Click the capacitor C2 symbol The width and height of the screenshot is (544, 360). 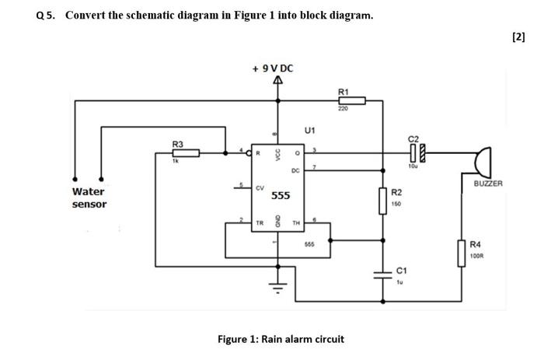tap(416, 153)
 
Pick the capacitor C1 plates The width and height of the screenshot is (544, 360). tap(382, 274)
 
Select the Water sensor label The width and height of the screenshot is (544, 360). tap(89, 197)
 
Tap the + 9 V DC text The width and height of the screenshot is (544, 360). tap(273, 68)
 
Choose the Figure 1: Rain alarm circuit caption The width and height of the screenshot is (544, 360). tap(281, 339)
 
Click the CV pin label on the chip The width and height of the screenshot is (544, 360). tap(260, 187)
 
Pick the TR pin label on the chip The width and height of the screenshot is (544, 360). tap(260, 222)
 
